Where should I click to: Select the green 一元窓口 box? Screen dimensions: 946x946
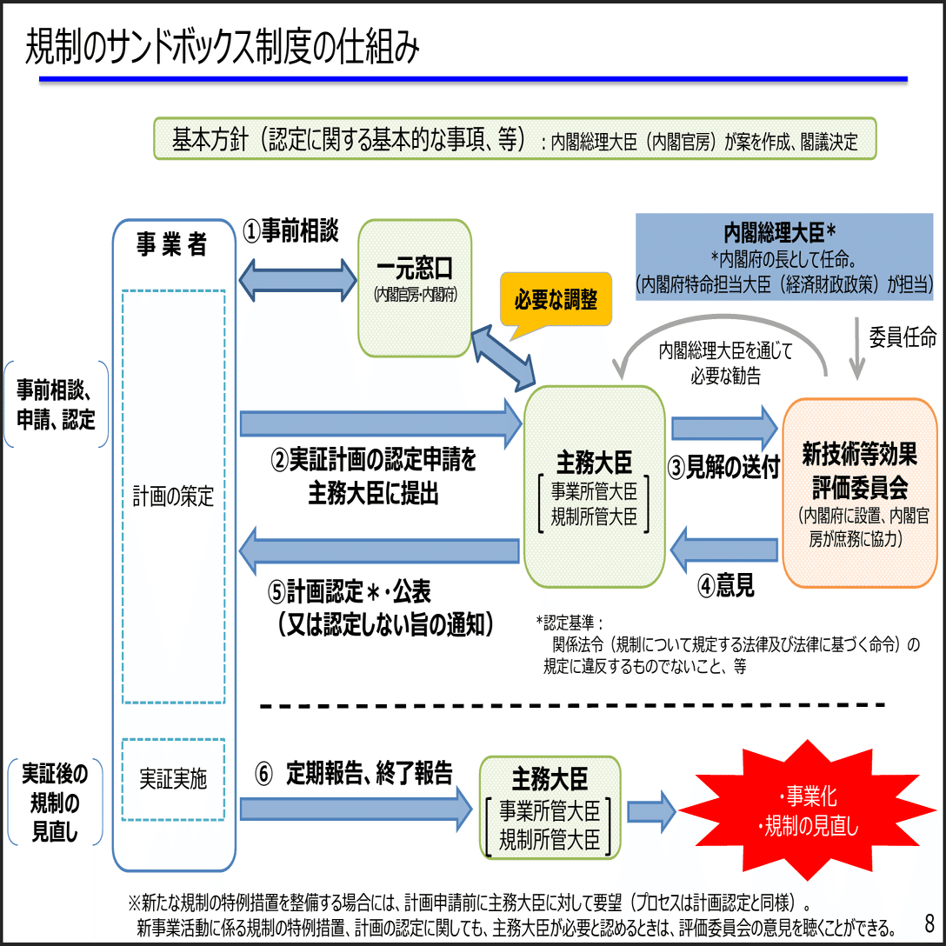tap(415, 288)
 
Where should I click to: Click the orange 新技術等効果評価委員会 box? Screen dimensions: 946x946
tap(860, 493)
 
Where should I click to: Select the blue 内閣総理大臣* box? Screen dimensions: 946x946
tap(783, 256)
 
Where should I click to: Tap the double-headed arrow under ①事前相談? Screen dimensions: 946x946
tap(299, 279)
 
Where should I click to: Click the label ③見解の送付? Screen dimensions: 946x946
tap(723, 467)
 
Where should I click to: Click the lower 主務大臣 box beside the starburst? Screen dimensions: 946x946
tap(550, 808)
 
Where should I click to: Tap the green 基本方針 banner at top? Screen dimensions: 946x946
tap(515, 139)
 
